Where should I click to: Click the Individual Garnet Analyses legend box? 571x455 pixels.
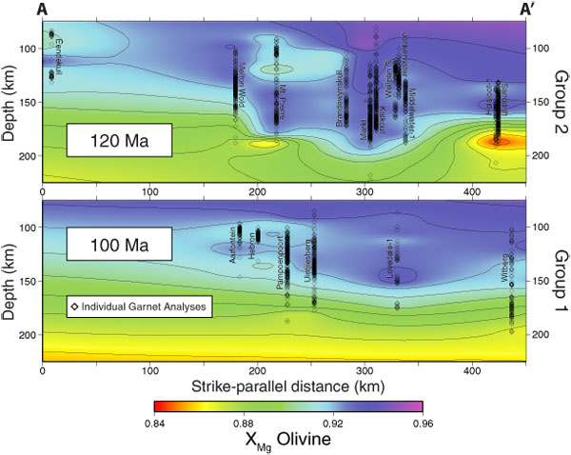coord(139,307)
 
